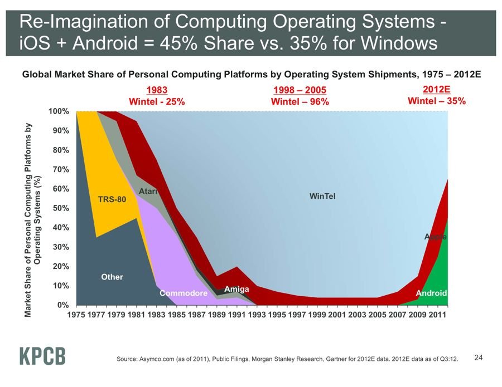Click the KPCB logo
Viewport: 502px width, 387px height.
[x=42, y=356]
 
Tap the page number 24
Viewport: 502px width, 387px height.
[x=478, y=357]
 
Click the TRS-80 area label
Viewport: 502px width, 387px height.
[x=112, y=199]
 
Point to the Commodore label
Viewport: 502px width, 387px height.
[x=183, y=293]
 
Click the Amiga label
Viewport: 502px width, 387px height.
[x=236, y=289]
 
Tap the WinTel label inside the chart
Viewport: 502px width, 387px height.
[x=322, y=196]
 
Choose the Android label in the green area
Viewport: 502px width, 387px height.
[x=431, y=293]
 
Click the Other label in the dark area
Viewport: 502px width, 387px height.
[x=112, y=277]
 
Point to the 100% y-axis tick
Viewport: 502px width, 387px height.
[x=59, y=111]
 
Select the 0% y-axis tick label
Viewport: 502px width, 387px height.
[x=63, y=305]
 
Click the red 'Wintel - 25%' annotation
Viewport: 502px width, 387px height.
[x=157, y=102]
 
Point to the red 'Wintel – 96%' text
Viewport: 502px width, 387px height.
[x=300, y=102]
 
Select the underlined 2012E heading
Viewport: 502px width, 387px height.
[x=437, y=89]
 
